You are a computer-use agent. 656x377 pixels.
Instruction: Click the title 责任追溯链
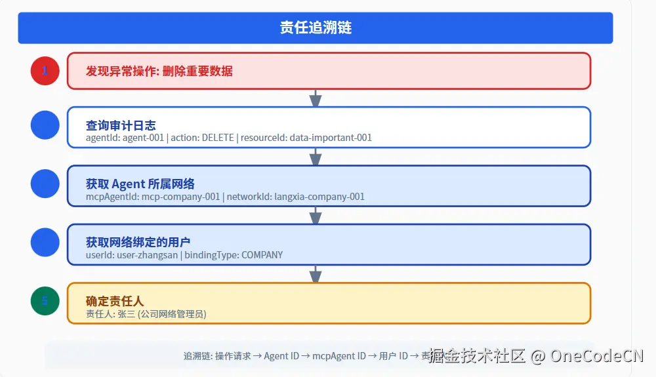[316, 28]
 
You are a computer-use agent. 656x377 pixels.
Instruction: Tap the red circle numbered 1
[45, 71]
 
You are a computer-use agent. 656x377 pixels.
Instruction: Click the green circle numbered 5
[45, 301]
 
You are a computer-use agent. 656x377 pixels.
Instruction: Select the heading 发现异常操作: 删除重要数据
[159, 71]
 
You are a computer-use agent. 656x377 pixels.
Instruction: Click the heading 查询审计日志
[121, 125]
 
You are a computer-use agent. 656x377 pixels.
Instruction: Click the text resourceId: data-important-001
[306, 138]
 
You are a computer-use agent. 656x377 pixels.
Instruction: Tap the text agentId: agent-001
[125, 138]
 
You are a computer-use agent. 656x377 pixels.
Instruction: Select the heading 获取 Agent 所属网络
[140, 184]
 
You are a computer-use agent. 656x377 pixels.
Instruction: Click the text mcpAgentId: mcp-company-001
[153, 197]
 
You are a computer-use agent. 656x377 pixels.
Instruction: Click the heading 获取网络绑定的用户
[138, 243]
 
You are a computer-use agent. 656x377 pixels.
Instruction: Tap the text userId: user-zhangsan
[132, 255]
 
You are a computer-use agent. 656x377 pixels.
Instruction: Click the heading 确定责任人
[115, 302]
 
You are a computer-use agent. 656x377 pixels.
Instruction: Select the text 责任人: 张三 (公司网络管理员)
[146, 314]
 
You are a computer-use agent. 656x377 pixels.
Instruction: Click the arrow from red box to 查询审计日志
[316, 98]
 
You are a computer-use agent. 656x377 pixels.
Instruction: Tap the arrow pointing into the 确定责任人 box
[316, 274]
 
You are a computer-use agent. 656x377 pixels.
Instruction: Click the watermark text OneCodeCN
[596, 356]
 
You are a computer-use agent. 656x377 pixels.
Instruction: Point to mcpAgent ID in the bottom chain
[339, 356]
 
